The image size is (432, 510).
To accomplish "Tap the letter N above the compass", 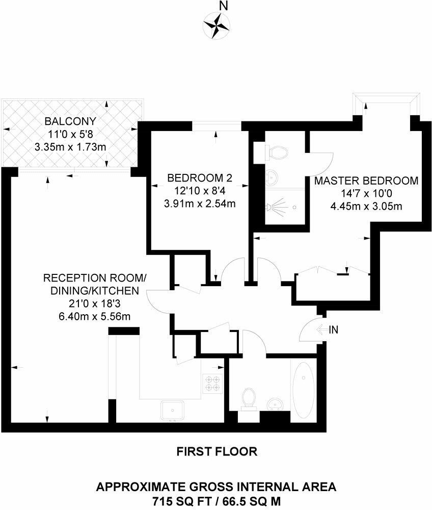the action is [x=223, y=6].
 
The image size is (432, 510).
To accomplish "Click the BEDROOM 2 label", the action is [x=200, y=178].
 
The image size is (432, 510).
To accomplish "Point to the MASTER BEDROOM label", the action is [x=366, y=181].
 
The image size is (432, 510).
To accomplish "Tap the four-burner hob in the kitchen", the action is [x=212, y=384].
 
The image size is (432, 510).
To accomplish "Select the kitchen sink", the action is [x=173, y=409].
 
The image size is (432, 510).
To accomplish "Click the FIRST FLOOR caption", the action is [x=217, y=451].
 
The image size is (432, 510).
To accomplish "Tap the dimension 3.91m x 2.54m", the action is [x=200, y=204].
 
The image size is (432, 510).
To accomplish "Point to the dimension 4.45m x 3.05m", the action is [x=366, y=206].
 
